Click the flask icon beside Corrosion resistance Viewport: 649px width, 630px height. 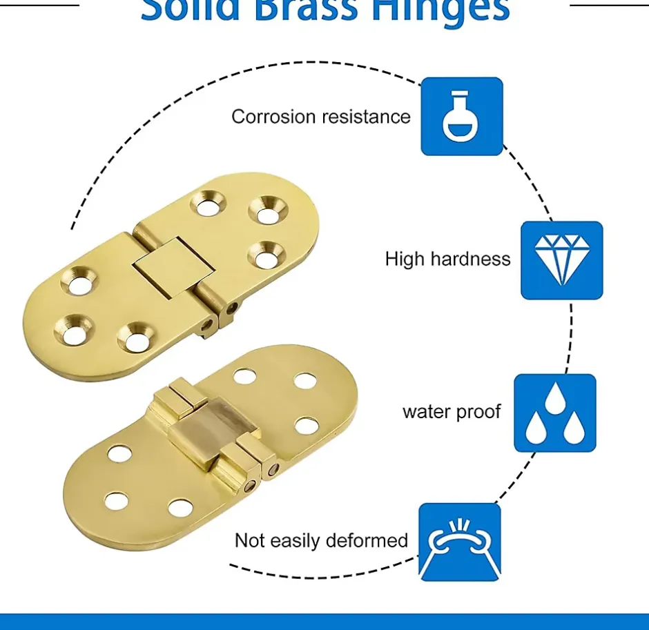click(461, 116)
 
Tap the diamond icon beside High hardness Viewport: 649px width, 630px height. click(561, 260)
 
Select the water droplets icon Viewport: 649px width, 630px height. click(554, 413)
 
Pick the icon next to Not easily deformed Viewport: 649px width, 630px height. click(459, 542)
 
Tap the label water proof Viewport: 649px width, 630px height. click(452, 412)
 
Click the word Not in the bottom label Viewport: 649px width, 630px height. click(249, 540)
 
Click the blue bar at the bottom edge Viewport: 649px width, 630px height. click(324, 622)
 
